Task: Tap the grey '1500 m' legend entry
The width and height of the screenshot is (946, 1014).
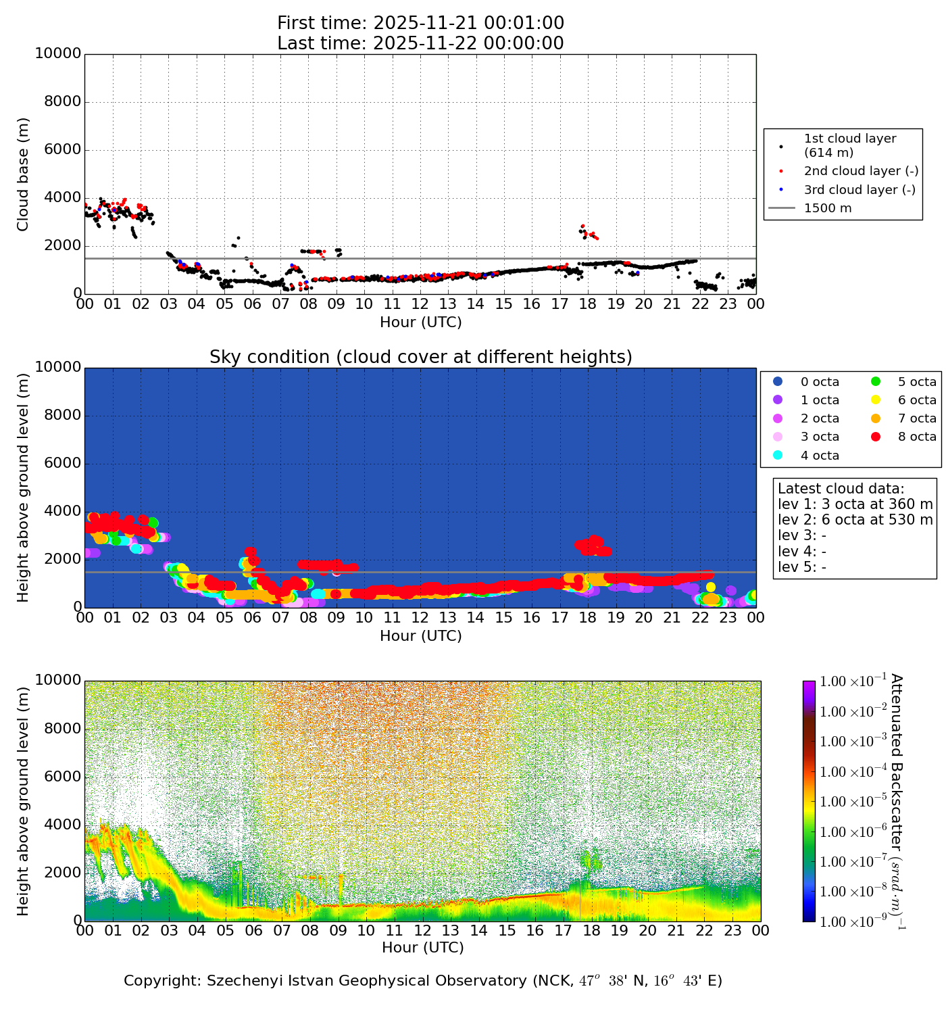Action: point(828,208)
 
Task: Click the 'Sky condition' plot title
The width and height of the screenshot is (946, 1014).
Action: point(420,357)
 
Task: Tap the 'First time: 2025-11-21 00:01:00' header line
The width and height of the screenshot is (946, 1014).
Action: point(420,24)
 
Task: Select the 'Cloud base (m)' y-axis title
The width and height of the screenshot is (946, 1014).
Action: point(24,174)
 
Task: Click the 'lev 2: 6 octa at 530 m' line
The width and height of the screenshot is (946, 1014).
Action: point(855,520)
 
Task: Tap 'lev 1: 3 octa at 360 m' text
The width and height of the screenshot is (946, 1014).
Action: point(855,504)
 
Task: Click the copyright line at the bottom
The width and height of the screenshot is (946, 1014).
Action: point(423,980)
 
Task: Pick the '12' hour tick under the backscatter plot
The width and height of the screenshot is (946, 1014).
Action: point(422,931)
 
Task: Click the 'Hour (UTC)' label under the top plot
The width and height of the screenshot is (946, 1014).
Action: point(420,322)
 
